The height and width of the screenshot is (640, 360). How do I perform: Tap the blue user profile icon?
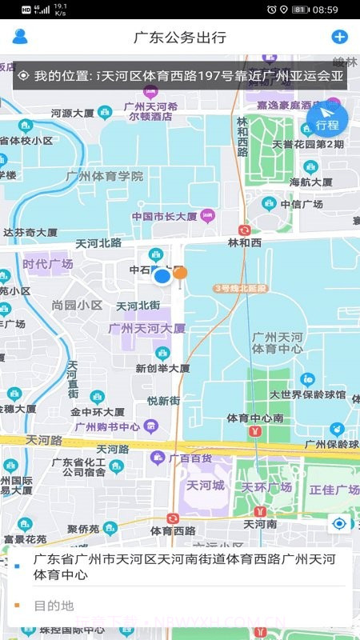(x=20, y=36)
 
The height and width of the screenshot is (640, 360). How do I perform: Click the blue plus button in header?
(x=339, y=37)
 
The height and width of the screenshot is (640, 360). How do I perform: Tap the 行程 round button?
(x=327, y=121)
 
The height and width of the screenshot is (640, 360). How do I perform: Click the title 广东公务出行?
(x=179, y=37)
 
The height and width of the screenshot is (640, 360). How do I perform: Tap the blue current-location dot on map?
(x=162, y=276)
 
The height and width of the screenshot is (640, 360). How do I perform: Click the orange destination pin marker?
(x=181, y=274)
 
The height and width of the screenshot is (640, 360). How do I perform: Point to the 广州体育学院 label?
(x=106, y=176)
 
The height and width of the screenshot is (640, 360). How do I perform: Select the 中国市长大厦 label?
(x=164, y=216)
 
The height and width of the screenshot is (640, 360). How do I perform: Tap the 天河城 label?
(x=203, y=486)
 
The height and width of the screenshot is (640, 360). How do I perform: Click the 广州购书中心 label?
(x=107, y=426)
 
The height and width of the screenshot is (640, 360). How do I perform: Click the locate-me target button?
(x=340, y=524)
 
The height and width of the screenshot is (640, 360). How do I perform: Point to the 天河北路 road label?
(x=98, y=242)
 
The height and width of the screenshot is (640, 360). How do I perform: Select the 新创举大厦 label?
(x=162, y=369)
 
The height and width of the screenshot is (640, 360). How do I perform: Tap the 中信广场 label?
(x=306, y=204)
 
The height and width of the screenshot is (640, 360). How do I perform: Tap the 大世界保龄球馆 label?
(x=307, y=394)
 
